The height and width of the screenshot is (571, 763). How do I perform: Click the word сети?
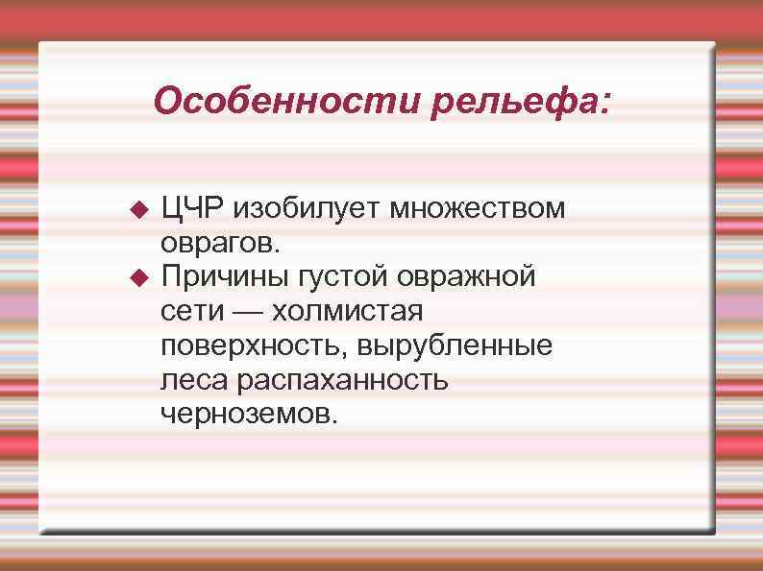click(192, 312)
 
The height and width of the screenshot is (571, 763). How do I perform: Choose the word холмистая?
click(349, 312)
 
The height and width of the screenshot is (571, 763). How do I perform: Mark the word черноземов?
click(250, 415)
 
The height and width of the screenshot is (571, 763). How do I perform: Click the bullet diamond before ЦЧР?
click(136, 208)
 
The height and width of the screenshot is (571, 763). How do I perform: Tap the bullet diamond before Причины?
click(136, 278)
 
